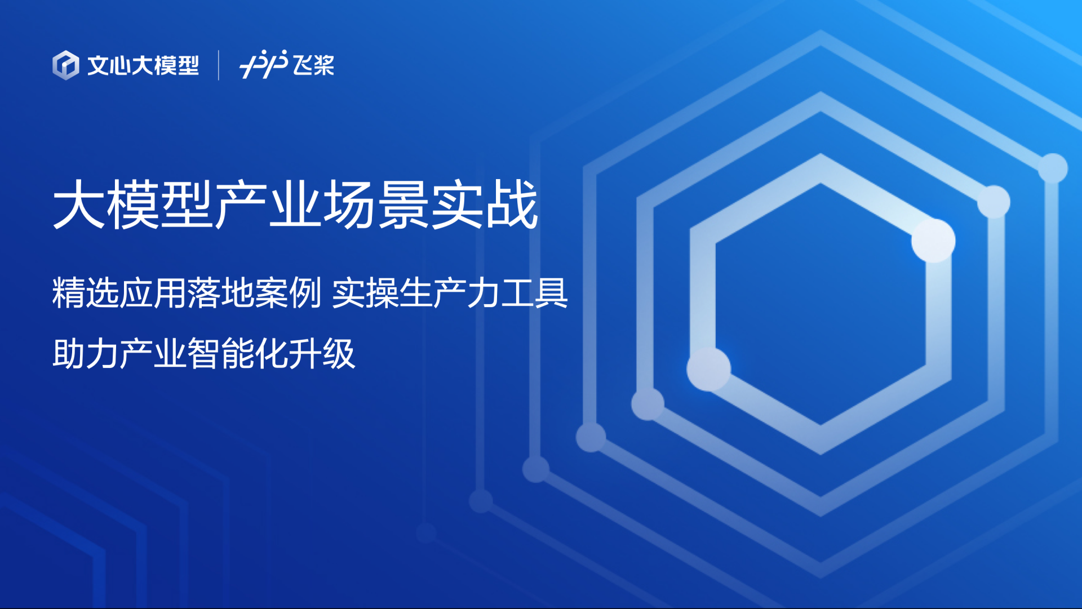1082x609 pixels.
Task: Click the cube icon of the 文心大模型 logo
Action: [x=66, y=65]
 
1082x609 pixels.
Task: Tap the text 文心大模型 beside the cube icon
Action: [x=143, y=65]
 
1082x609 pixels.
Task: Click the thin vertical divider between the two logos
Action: [x=219, y=65]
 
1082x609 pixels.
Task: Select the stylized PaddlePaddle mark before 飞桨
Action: [x=264, y=64]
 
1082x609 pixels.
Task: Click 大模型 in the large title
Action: [x=133, y=205]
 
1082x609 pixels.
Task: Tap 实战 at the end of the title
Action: [x=484, y=205]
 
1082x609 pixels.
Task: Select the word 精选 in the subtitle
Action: [x=86, y=293]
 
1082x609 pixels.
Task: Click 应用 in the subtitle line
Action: [x=153, y=293]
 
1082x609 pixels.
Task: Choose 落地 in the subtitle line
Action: [x=221, y=293]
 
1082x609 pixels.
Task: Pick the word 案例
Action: [x=288, y=293]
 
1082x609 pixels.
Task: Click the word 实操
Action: [x=365, y=293]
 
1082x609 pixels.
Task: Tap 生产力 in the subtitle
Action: [x=450, y=293]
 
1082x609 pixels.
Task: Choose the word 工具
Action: [x=534, y=293]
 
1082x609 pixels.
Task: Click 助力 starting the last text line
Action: [x=86, y=354]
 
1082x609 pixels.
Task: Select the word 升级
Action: [x=322, y=354]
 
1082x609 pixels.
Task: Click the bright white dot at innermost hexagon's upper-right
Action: [x=933, y=241]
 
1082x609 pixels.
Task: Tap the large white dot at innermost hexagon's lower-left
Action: [x=709, y=369]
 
